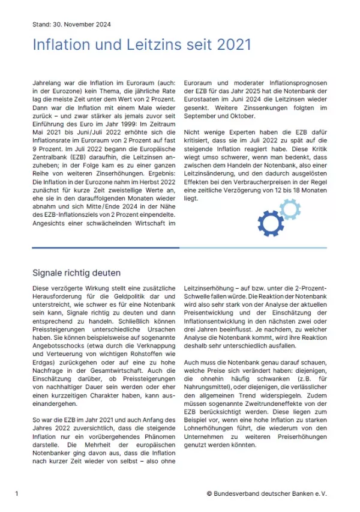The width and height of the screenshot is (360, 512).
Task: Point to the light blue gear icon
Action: point(290,208)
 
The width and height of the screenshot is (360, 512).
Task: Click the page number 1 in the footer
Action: point(17,493)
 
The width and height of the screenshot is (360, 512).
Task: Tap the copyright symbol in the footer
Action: point(209,493)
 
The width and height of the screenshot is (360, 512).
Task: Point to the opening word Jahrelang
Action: point(47,82)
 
